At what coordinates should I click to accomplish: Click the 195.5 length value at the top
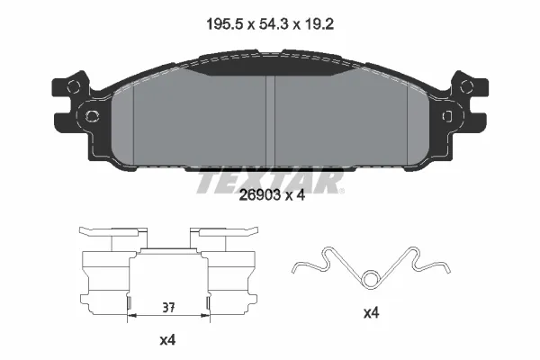[x=225, y=24]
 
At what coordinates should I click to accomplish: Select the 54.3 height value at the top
[x=274, y=24]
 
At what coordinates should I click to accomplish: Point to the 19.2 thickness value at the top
[x=319, y=24]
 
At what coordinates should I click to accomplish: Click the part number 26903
[x=260, y=195]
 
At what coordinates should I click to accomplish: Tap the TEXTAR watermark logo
[x=270, y=181]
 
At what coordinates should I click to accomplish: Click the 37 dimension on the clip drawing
[x=169, y=307]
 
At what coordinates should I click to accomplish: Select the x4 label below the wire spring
[x=371, y=313]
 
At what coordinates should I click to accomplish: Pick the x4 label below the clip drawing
[x=167, y=340]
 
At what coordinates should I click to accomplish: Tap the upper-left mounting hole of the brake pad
[x=74, y=86]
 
